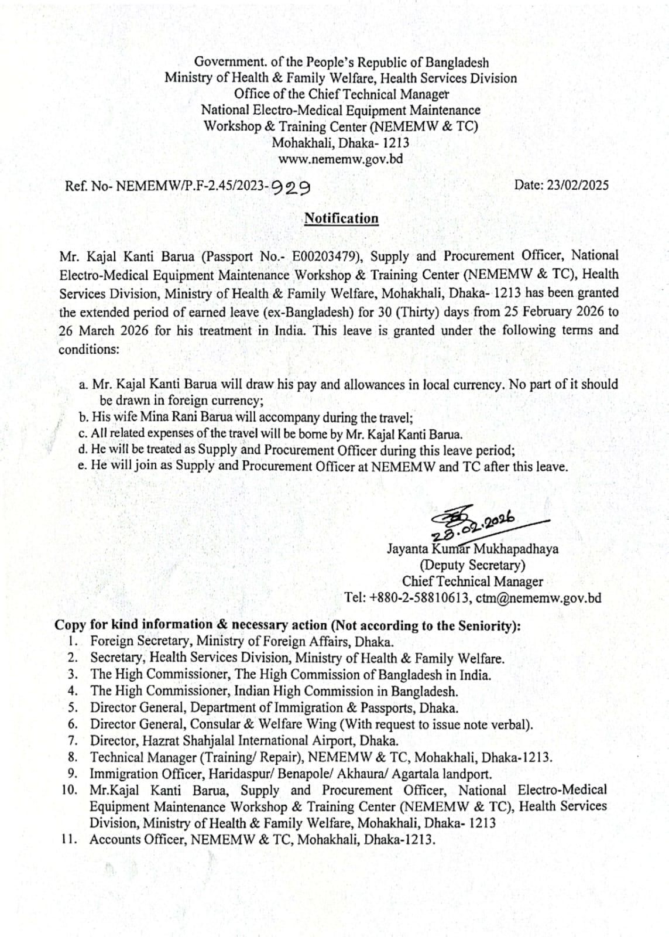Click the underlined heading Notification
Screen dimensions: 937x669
tap(341, 218)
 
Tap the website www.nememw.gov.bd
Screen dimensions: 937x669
tap(340, 159)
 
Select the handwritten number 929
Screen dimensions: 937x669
tap(291, 187)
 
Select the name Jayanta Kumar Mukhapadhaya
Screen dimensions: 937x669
tap(472, 549)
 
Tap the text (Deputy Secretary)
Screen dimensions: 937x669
tap(472, 565)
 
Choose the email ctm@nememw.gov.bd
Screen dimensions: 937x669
tap(538, 598)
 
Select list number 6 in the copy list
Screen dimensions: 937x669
tap(73, 724)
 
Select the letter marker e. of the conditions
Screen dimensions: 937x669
tap(83, 467)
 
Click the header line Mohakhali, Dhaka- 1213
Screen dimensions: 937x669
tap(340, 143)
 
